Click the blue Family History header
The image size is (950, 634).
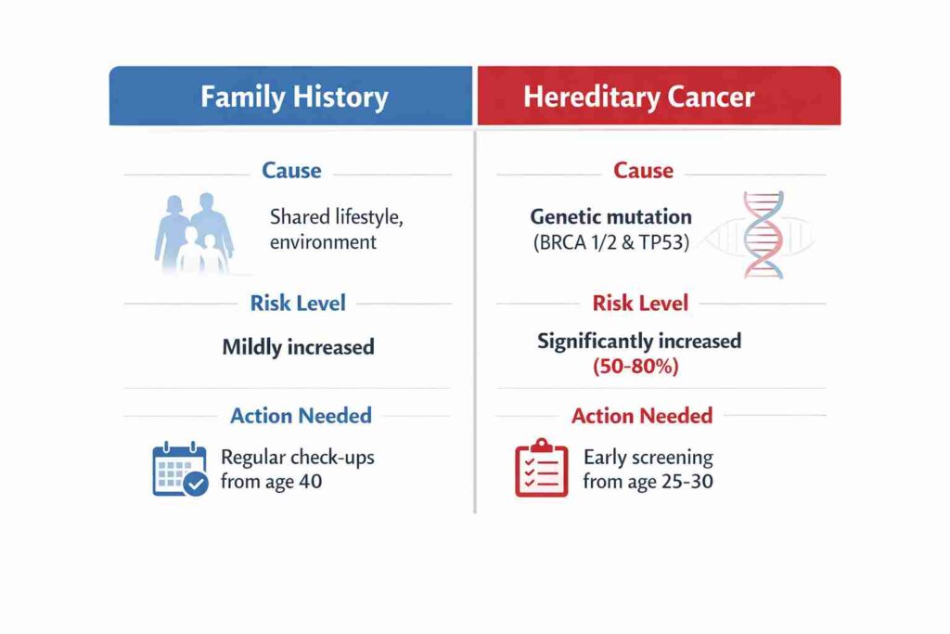[x=293, y=97]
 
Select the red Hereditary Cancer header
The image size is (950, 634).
[x=638, y=97]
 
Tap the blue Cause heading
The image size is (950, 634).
[x=291, y=171]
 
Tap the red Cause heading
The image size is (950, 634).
[x=643, y=171]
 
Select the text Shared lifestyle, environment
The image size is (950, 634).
[x=337, y=229]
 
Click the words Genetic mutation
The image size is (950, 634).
[x=610, y=217]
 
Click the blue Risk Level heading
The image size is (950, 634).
[x=297, y=303]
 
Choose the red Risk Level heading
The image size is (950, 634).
[x=640, y=303]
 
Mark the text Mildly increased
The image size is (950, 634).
[x=298, y=347]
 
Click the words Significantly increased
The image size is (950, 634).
[x=639, y=341]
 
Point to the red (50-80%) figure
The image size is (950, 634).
[x=635, y=367]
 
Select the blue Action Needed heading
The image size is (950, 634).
[x=301, y=415]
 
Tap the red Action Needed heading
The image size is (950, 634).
[x=642, y=415]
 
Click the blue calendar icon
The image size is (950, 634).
[x=180, y=470]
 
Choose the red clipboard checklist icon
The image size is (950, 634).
[x=541, y=469]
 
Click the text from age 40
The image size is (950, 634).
[x=271, y=483]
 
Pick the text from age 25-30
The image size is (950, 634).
[x=648, y=483]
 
